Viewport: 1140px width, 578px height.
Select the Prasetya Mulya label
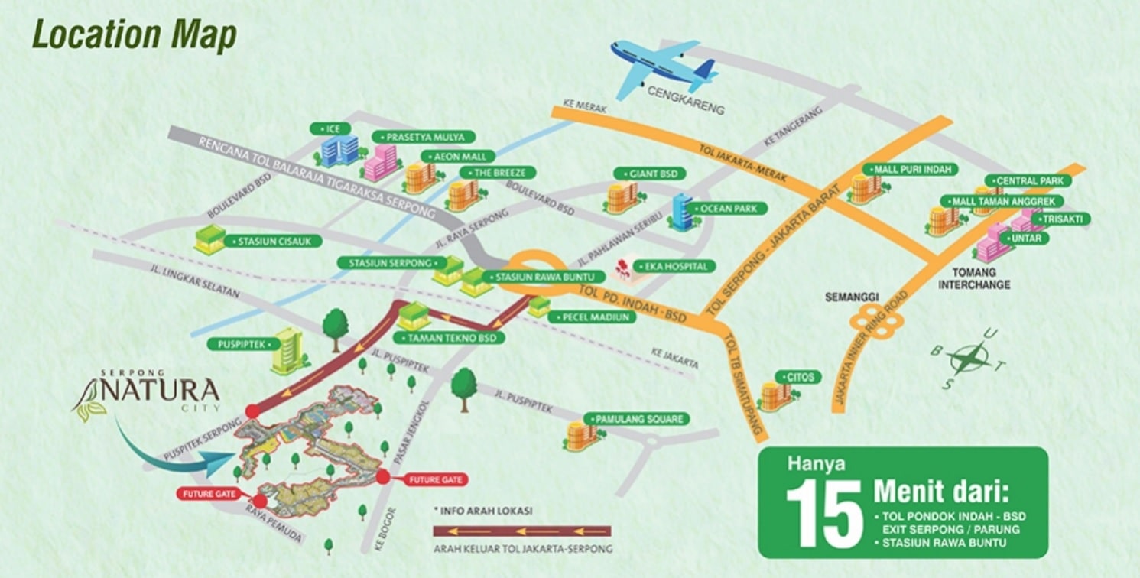pos(423,137)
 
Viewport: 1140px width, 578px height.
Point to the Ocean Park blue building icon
pos(680,211)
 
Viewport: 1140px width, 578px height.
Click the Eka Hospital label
pos(680,267)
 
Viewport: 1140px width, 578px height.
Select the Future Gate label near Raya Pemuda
pos(209,494)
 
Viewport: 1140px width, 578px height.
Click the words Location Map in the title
pos(135,36)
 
